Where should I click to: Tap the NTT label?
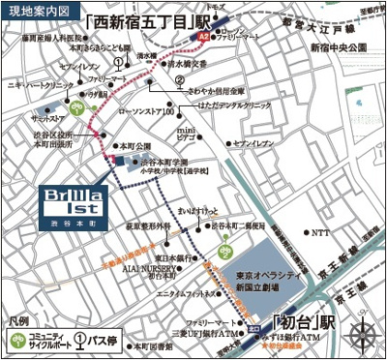(x=319, y=232)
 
